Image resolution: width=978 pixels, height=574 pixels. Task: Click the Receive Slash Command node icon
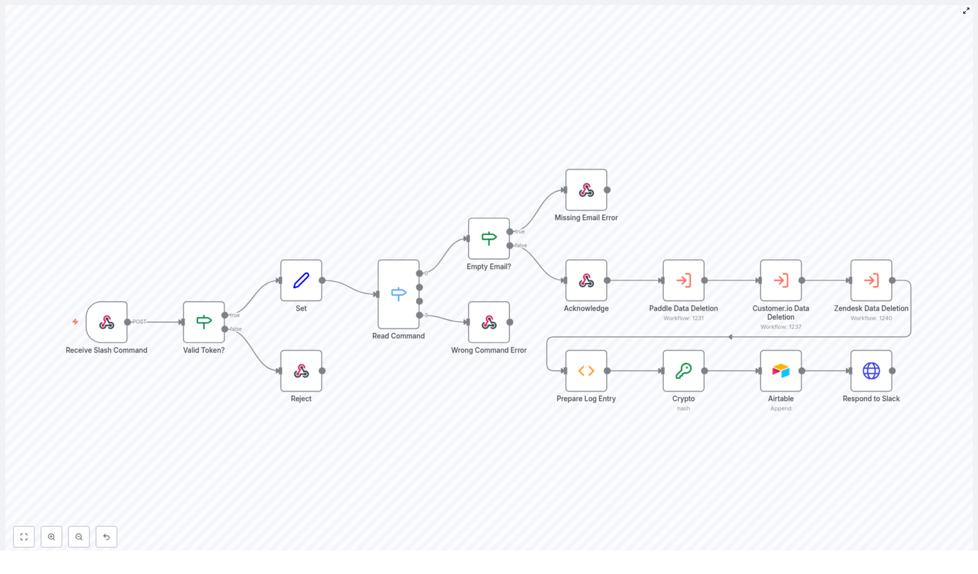tap(107, 322)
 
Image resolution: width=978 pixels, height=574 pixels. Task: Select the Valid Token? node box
tap(204, 322)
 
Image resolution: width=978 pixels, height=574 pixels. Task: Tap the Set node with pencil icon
tap(301, 280)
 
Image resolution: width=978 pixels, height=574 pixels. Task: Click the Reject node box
tap(301, 371)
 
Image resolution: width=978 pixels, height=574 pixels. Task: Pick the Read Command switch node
tap(399, 294)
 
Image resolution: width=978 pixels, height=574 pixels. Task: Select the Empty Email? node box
tap(489, 239)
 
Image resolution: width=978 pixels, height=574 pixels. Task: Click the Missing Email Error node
tap(586, 190)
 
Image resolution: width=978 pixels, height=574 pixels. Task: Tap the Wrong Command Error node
tap(489, 322)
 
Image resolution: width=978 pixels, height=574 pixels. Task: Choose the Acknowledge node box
tap(586, 280)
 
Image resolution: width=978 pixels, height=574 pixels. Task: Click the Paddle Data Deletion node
tap(683, 280)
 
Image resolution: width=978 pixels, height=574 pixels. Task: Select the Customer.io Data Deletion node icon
tap(781, 280)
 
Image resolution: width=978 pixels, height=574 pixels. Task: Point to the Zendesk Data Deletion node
tap(871, 280)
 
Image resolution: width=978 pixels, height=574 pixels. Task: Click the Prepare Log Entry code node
tap(586, 371)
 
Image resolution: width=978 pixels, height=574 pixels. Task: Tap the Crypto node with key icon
tap(683, 371)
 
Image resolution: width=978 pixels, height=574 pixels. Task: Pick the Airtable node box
tap(781, 371)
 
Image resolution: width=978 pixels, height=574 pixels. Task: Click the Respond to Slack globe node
tap(871, 371)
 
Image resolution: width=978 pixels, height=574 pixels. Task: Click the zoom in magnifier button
tap(51, 537)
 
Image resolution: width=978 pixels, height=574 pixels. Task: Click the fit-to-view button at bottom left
tap(24, 537)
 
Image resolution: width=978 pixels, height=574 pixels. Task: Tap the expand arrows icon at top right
tap(966, 11)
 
